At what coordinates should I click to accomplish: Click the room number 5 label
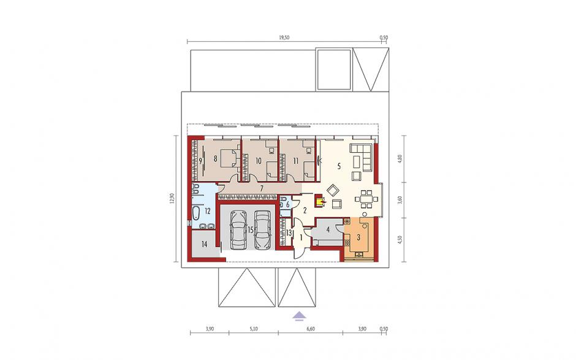point(339,166)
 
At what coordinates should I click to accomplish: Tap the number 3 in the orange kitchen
point(358,237)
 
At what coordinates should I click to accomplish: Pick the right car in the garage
point(262,230)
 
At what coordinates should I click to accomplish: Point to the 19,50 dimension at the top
point(284,37)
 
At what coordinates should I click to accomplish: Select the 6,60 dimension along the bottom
point(311,329)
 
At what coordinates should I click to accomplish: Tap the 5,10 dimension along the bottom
point(254,329)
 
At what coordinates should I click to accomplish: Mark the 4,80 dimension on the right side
point(401,159)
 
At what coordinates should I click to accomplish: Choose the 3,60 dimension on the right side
point(401,200)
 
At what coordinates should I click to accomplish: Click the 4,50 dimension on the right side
point(401,240)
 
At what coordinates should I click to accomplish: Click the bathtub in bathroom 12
point(195,213)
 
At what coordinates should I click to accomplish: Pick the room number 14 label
point(204,244)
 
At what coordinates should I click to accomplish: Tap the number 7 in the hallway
point(261,189)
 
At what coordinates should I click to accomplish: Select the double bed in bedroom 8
point(230,158)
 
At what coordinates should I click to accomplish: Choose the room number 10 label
point(258,161)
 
